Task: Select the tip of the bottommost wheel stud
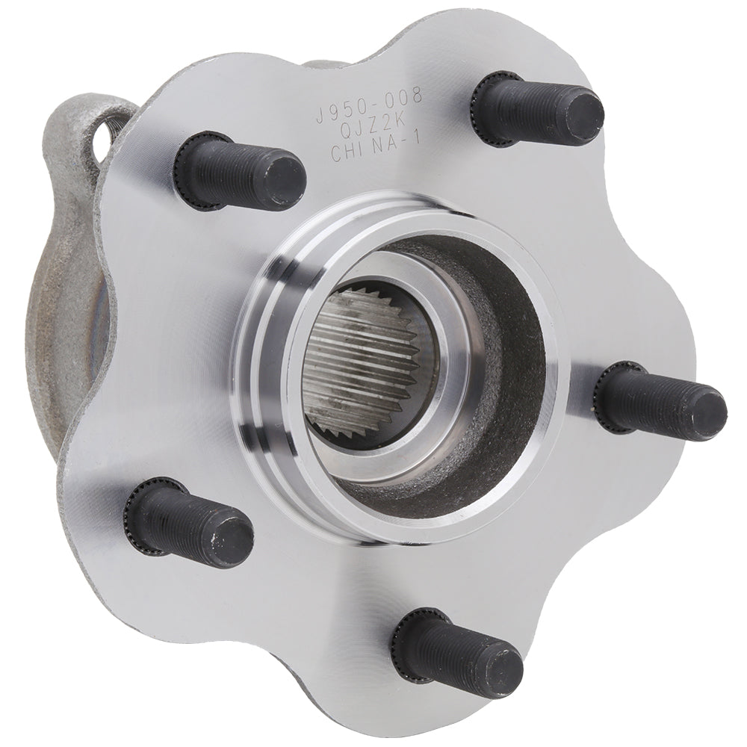pyautogui.click(x=503, y=672)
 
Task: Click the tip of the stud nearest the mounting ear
pyautogui.click(x=284, y=182)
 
